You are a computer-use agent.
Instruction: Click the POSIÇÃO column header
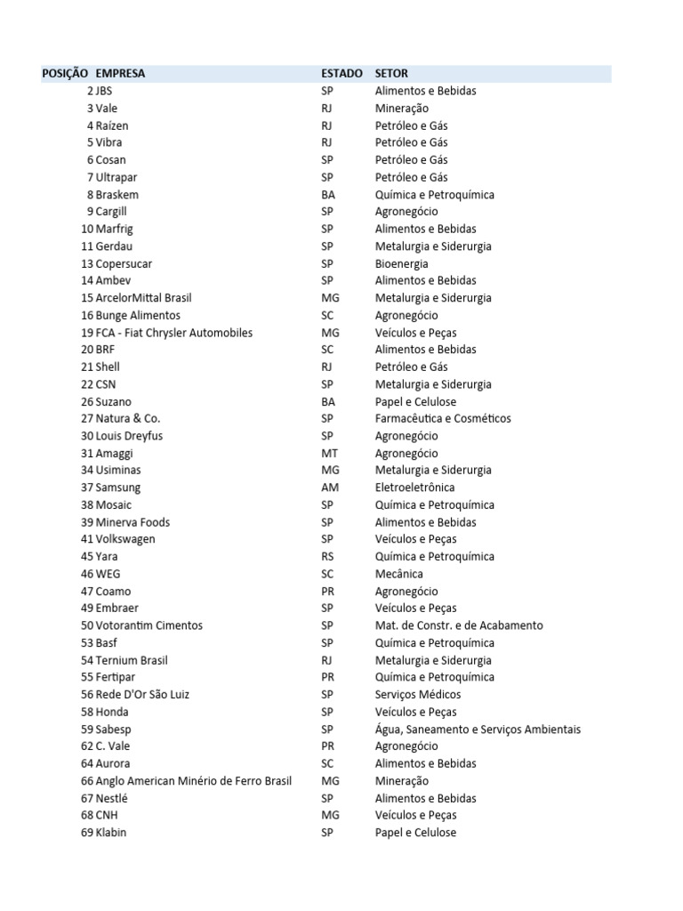tap(65, 74)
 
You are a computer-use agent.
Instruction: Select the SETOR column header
tap(391, 74)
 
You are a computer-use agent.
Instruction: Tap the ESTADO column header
tap(341, 74)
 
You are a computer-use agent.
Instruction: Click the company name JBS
tap(104, 91)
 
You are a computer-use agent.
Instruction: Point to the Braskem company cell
tap(117, 195)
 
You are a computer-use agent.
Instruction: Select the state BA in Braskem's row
tap(328, 195)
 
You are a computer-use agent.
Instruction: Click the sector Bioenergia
tap(401, 263)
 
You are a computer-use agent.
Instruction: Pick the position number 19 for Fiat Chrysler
tap(87, 333)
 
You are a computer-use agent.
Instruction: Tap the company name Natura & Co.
tap(128, 418)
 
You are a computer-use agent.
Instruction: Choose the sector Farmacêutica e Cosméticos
tap(443, 418)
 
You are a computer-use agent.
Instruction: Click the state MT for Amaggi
tap(329, 453)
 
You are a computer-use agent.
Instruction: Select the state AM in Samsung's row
tap(330, 488)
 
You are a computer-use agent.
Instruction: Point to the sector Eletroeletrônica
tap(414, 488)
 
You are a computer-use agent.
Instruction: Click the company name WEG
tap(108, 574)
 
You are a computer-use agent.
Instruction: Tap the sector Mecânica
tap(399, 574)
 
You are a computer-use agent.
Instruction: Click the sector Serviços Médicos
tap(418, 695)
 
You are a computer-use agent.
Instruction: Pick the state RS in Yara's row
tap(327, 557)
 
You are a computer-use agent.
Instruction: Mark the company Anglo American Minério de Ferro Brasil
tap(194, 781)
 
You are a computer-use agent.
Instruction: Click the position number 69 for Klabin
tap(87, 833)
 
